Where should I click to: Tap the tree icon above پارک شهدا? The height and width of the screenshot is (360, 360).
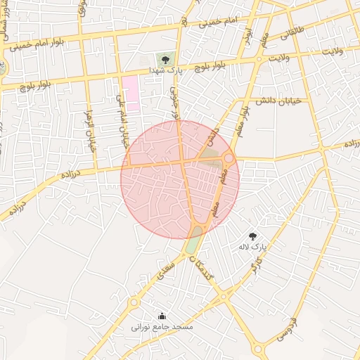(165, 60)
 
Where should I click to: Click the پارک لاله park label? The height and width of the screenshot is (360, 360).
(254, 247)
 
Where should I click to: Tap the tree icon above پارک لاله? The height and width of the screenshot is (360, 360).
(253, 236)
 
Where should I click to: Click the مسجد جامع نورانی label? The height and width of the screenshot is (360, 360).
(162, 327)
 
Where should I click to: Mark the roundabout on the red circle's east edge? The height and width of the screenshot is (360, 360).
(229, 159)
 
